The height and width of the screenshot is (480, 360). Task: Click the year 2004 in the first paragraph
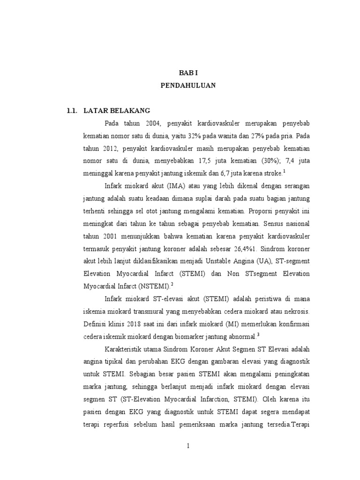point(153,123)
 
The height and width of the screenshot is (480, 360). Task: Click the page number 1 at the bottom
point(187,446)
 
